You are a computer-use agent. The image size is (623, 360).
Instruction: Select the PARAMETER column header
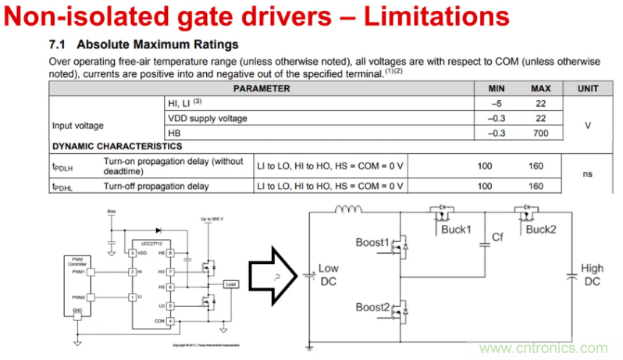point(261,88)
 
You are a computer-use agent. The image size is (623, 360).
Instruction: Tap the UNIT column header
point(587,88)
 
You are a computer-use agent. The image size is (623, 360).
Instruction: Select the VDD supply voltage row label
point(208,118)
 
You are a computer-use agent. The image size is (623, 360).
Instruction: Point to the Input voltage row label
point(78,125)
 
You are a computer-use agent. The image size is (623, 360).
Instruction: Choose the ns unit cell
point(587,173)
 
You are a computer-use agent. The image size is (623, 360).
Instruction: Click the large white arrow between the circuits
point(270,274)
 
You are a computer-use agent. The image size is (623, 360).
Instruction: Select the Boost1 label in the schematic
point(372,242)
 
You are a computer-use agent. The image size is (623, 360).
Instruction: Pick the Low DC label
point(329,274)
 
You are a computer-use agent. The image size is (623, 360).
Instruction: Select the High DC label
point(593,274)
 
